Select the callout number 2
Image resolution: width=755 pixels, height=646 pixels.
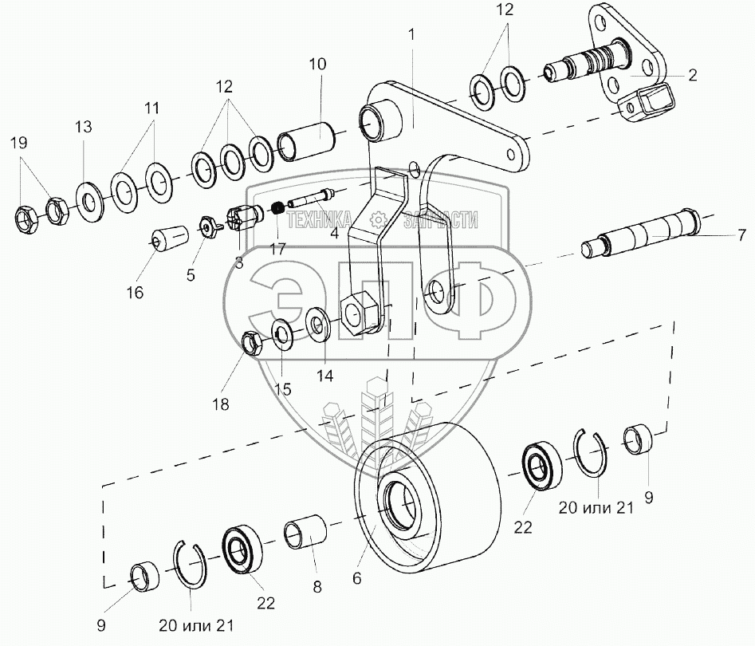(x=692, y=76)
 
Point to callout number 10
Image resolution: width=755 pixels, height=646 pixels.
(x=317, y=64)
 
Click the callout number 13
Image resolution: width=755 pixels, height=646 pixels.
(x=84, y=127)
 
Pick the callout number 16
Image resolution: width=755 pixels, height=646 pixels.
(x=134, y=292)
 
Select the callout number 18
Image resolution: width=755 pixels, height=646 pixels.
(x=221, y=404)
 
